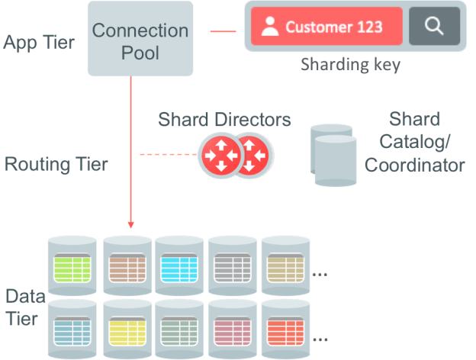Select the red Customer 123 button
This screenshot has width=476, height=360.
point(326,27)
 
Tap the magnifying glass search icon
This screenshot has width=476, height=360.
point(434,27)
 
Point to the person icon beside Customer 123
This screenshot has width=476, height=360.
point(269,27)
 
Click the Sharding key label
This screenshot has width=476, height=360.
point(350,64)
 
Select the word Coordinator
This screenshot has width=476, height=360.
point(414,166)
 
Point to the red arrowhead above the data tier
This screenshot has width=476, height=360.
point(130,224)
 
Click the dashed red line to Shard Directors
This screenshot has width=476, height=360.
point(168,155)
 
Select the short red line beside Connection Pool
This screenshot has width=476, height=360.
point(223,32)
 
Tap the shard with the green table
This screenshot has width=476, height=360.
point(73,267)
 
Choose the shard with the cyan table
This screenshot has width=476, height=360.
point(180,267)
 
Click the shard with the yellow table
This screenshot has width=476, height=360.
point(127,329)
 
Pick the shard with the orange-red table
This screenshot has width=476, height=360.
point(287,329)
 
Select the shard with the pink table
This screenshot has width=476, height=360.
point(233,329)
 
